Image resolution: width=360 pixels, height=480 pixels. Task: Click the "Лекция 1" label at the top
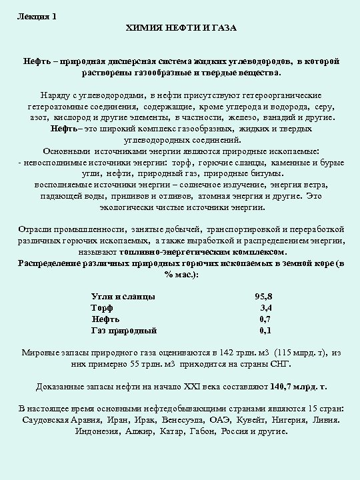[37, 17]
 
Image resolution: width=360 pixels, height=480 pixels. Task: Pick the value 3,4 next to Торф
[265, 307]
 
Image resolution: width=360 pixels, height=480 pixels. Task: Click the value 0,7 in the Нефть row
[265, 319]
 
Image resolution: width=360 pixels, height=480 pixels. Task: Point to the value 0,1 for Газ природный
[265, 330]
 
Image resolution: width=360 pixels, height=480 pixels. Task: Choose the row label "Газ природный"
[124, 330]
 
